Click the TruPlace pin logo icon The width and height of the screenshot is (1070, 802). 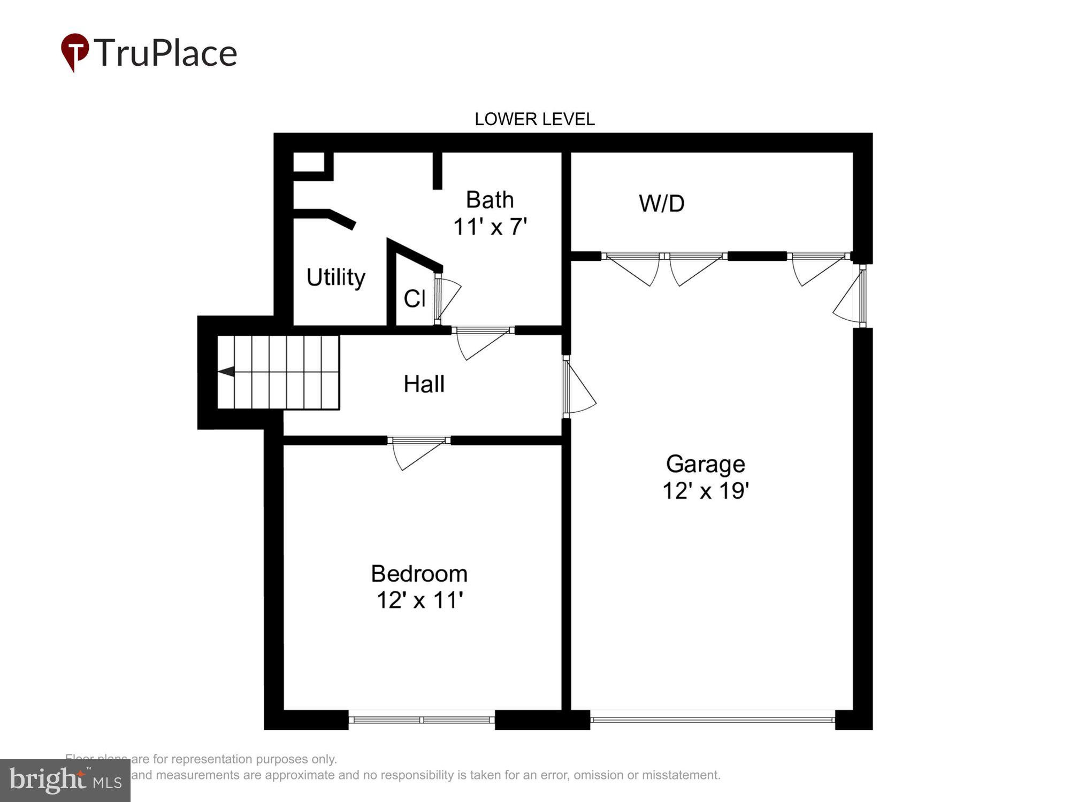pos(75,51)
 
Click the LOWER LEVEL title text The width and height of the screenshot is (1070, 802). pos(534,119)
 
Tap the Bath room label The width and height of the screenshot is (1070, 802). pos(490,200)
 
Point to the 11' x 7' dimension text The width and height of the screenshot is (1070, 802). pos(490,227)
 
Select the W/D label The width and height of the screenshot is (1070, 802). pos(661,204)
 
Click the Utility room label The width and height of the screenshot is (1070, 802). pos(335,277)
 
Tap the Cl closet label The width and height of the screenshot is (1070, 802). pos(414,299)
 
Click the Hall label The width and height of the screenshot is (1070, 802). pos(424,384)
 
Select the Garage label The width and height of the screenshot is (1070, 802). pos(705,464)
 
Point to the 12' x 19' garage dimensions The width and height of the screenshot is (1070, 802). pos(705,491)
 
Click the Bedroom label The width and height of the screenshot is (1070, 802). pos(419,574)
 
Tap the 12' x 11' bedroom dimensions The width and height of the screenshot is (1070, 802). pos(419,600)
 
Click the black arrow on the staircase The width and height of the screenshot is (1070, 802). pos(226,371)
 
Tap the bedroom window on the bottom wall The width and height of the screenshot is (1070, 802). pos(422,720)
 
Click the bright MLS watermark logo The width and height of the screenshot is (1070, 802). pos(65,781)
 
